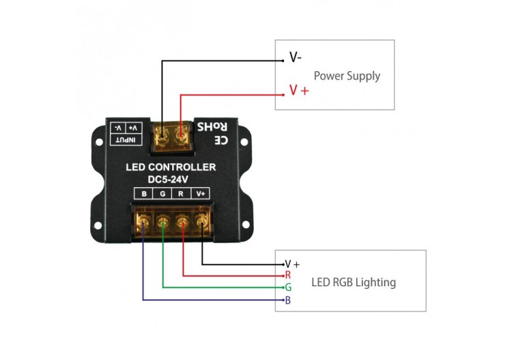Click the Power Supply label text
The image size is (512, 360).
click(346, 76)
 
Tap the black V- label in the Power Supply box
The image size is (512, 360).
click(296, 58)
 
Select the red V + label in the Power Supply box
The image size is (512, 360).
click(298, 90)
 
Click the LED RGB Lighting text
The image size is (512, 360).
click(353, 282)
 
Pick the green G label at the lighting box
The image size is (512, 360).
click(288, 288)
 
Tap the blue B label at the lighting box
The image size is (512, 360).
click(288, 301)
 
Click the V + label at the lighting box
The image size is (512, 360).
click(292, 264)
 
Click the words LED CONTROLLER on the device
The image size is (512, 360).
click(171, 167)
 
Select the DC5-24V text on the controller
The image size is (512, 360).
click(168, 180)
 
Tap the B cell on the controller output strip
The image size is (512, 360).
click(144, 194)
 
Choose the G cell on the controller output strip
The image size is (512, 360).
click(162, 194)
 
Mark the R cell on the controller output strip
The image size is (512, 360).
click(181, 194)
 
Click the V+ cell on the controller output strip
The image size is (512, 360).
click(201, 194)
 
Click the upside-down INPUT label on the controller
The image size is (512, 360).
click(127, 140)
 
